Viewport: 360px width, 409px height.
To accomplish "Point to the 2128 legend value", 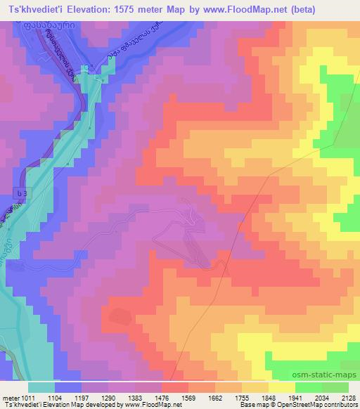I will (346, 397).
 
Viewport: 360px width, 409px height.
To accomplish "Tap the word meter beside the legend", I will (10, 397).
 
